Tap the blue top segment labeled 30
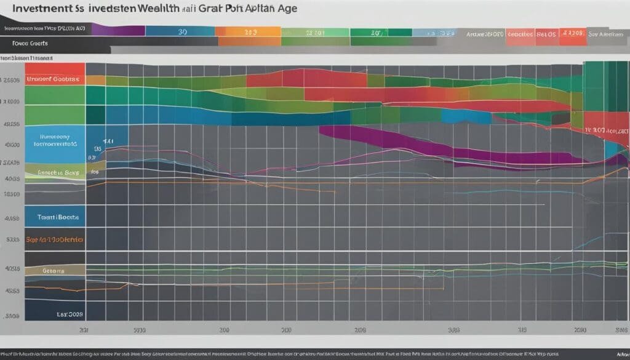coord(182,30)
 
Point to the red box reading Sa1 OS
coord(544,34)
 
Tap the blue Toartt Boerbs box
coord(55,217)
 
